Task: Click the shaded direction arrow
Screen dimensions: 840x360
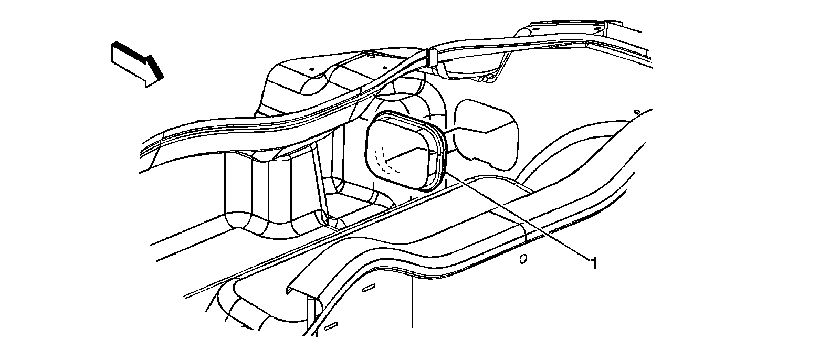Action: click(x=134, y=63)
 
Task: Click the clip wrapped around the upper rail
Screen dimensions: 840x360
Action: click(x=433, y=57)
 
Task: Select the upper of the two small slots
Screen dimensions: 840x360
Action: click(x=369, y=288)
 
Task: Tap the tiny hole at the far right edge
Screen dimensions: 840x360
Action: click(x=636, y=112)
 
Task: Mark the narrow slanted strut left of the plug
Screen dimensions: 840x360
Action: click(x=320, y=184)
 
